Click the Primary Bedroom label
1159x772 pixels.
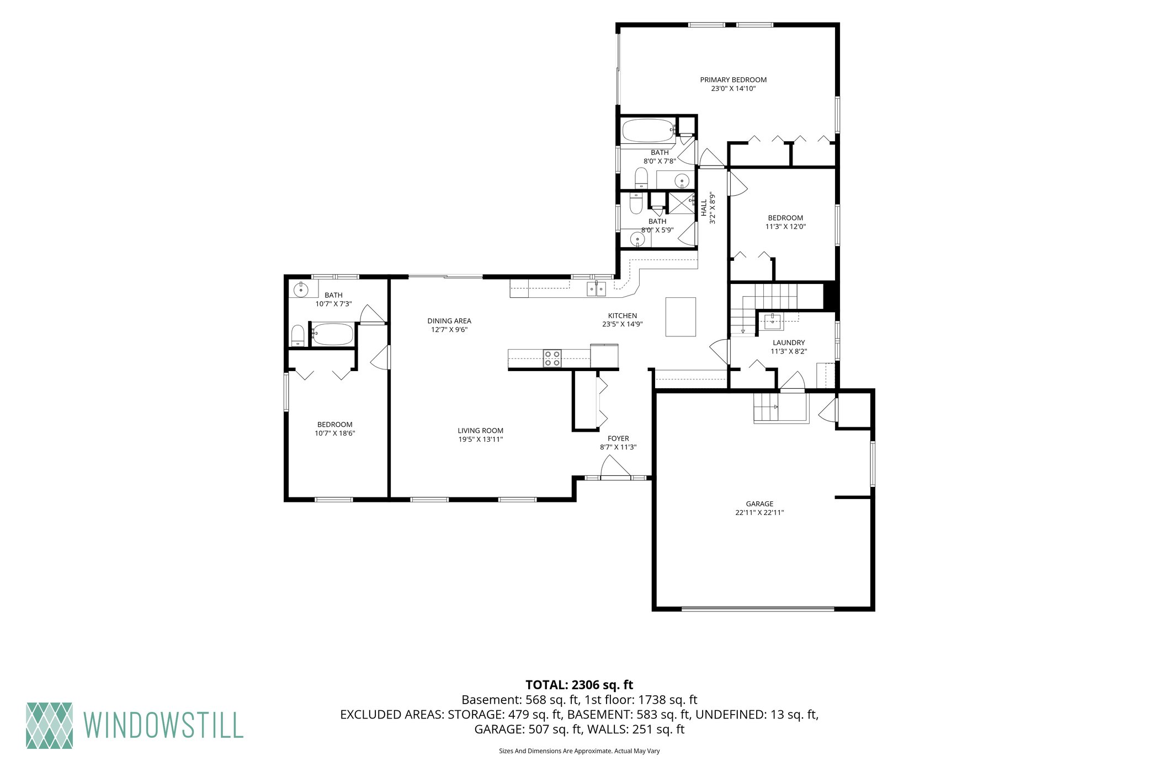pos(733,80)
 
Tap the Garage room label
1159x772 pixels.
pos(759,503)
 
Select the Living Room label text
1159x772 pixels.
pos(480,431)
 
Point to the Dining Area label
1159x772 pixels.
pos(449,321)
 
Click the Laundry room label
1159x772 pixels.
pos(789,342)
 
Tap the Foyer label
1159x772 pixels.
pos(618,438)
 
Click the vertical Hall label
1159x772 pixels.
pos(704,207)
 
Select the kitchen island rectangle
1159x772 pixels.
pos(680,317)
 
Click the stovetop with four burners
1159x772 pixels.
pos(552,358)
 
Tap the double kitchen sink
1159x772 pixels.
pos(596,288)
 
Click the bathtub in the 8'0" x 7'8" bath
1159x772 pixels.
pos(648,131)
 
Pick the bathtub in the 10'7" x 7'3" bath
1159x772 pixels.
pos(332,334)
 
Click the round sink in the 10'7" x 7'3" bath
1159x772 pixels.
pos(301,289)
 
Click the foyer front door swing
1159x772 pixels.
pos(615,467)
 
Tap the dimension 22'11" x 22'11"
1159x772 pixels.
pos(759,512)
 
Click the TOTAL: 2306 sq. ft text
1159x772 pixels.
pos(579,685)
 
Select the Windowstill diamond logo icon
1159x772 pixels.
pos(49,725)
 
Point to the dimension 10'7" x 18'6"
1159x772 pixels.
pos(335,433)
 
